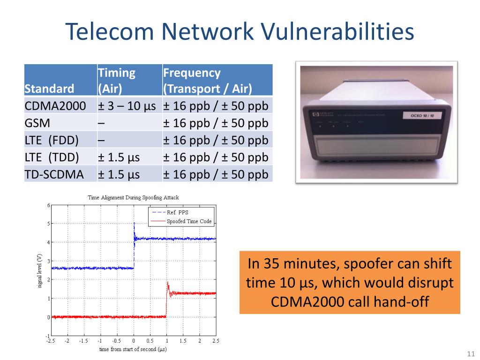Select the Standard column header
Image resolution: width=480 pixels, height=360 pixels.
(49, 89)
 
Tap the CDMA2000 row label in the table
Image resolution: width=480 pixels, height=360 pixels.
(55, 106)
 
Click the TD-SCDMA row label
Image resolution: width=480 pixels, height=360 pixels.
(54, 175)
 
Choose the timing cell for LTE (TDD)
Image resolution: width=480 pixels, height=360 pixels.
(119, 157)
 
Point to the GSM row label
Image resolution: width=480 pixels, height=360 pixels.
(37, 123)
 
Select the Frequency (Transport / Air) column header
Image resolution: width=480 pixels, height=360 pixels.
(207, 81)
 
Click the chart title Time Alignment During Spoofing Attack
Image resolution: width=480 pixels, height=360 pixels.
(133, 197)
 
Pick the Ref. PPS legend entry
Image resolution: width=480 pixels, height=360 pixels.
(178, 212)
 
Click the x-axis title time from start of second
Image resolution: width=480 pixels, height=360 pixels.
(133, 349)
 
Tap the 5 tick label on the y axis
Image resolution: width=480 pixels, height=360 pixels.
(48, 224)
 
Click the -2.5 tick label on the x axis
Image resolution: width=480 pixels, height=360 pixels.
(50, 341)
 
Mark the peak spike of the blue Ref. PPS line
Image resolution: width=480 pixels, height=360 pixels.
(134, 224)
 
